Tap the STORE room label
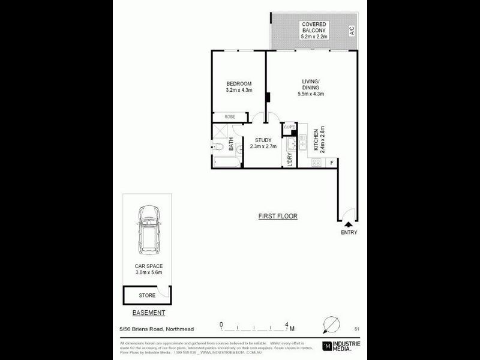147,295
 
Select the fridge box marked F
332,161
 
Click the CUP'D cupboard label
289,127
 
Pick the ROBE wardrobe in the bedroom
229,116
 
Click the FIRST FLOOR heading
278,216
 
